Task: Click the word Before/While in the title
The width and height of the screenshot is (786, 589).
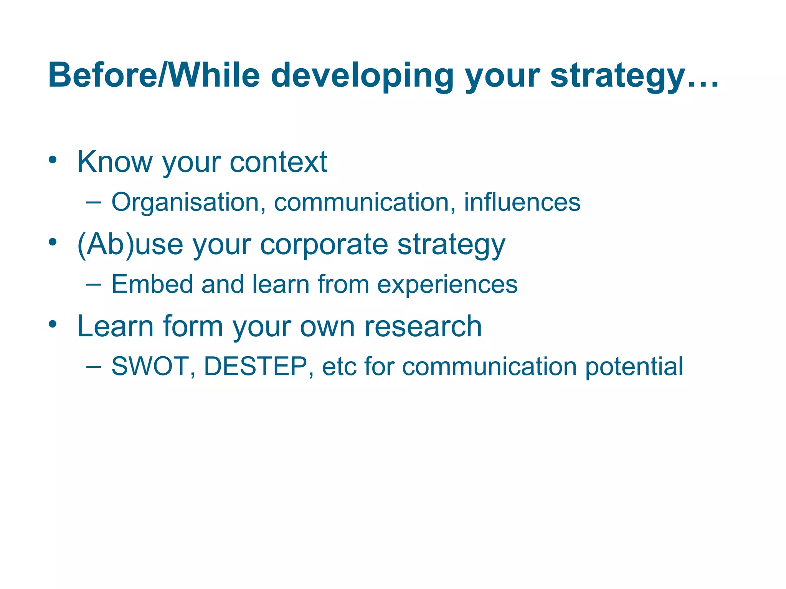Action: (154, 76)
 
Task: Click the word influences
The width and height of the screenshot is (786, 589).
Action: (522, 202)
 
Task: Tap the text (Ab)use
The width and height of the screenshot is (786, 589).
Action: (130, 244)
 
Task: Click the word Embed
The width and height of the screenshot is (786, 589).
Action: (152, 284)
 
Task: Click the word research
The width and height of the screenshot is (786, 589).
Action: (423, 326)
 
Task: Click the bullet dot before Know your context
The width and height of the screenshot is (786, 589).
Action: (53, 160)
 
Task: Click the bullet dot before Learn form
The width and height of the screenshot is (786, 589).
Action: (53, 324)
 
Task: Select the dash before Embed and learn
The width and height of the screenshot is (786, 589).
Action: (94, 284)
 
